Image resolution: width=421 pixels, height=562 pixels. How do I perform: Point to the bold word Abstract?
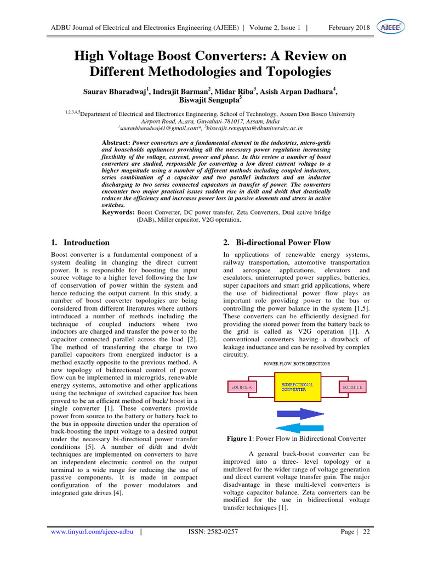(117, 142)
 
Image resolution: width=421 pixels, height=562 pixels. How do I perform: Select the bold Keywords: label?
(118, 212)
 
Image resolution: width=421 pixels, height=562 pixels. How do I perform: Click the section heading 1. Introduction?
(80, 242)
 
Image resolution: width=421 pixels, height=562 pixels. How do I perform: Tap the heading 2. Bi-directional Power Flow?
(277, 242)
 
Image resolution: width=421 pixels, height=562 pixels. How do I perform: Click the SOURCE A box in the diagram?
(242, 387)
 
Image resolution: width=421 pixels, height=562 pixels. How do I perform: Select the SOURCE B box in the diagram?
(352, 387)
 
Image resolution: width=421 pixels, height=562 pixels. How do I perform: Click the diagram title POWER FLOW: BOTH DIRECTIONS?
(297, 364)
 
